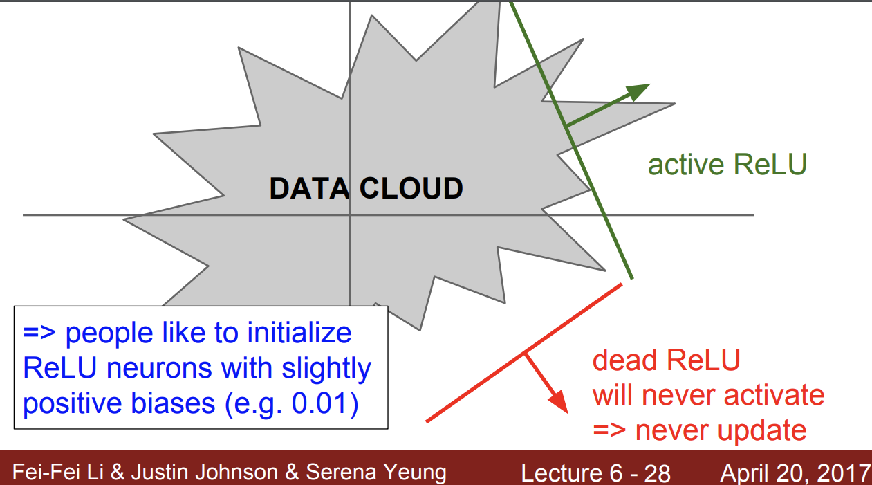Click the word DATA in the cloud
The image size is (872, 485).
pyautogui.click(x=310, y=189)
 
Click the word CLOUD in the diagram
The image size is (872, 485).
pyautogui.click(x=411, y=189)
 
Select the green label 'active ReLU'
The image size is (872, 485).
pyautogui.click(x=727, y=164)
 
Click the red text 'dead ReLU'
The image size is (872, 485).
pyautogui.click(x=666, y=360)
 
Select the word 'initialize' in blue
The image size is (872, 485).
pyautogui.click(x=299, y=333)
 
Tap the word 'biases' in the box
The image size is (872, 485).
pyautogui.click(x=173, y=403)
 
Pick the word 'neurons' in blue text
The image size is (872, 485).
pyautogui.click(x=159, y=368)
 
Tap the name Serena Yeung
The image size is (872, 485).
pyautogui.click(x=376, y=472)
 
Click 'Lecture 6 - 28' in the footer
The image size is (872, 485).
pyautogui.click(x=595, y=473)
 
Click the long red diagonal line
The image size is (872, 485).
pyautogui.click(x=524, y=353)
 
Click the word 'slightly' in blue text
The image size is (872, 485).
pyautogui.click(x=326, y=368)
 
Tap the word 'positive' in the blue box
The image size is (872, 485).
pyautogui.click(x=72, y=403)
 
